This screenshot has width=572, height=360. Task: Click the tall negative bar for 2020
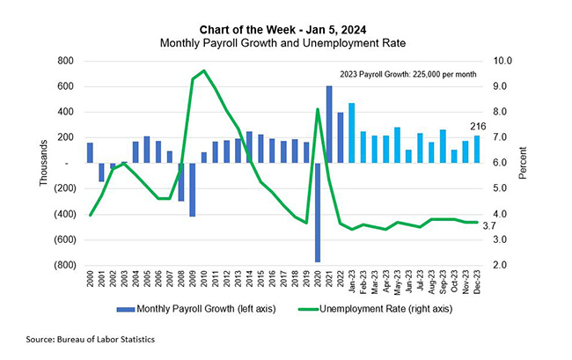click(318, 211)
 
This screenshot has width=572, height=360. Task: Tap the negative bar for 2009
click(192, 189)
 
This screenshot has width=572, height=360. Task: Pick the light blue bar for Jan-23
click(351, 133)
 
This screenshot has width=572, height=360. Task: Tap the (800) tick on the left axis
click(60, 265)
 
